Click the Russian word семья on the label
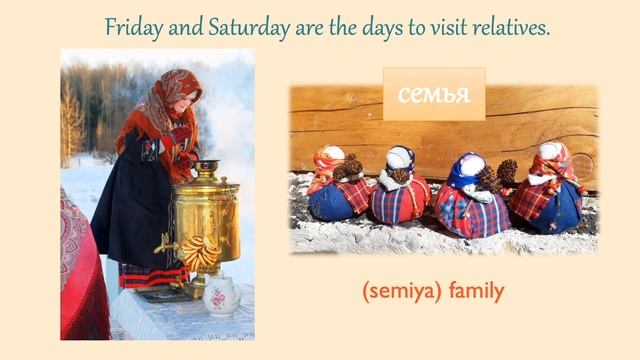point(433,95)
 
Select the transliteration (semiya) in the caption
point(402,292)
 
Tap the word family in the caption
point(476,292)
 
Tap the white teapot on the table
point(221,296)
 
